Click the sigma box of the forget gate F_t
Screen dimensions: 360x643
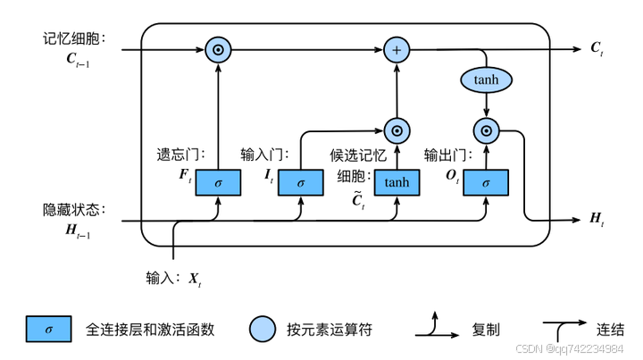pos(218,182)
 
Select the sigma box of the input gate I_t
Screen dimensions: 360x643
pos(301,182)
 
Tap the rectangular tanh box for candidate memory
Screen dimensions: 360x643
pos(396,182)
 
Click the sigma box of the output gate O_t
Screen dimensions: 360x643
pos(486,182)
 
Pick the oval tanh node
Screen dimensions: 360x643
pos(486,80)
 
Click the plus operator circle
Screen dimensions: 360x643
pos(396,49)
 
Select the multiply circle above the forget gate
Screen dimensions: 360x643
pos(218,49)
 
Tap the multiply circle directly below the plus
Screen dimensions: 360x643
pos(396,130)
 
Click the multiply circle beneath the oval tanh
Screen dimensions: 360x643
pos(486,130)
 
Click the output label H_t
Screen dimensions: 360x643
pos(596,218)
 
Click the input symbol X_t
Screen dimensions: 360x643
pos(195,279)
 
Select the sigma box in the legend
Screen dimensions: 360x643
pos(49,329)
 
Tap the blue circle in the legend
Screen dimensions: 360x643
pos(263,329)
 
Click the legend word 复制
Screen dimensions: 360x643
pos(486,330)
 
